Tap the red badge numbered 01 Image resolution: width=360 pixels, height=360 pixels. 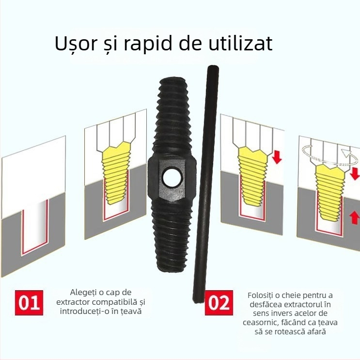coord(29,302)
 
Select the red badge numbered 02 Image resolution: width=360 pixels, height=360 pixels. coord(218,303)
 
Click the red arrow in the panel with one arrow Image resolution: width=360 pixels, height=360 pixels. coord(277,157)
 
